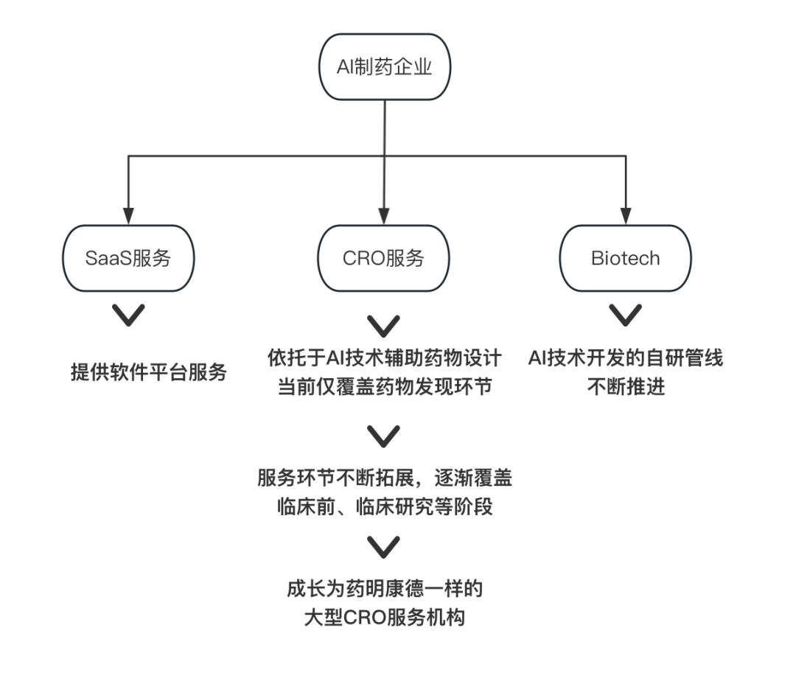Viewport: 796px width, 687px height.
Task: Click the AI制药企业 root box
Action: click(x=383, y=68)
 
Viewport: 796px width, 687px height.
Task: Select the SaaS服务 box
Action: click(x=130, y=258)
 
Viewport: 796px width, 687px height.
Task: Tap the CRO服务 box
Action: click(x=383, y=258)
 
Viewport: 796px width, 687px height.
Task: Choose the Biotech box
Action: click(x=625, y=258)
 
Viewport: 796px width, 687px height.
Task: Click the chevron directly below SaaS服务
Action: click(x=130, y=316)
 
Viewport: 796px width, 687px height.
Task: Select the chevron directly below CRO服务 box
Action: click(x=383, y=324)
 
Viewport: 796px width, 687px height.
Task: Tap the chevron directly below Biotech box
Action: click(x=625, y=316)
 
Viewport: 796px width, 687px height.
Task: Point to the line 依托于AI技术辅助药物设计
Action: click(x=383, y=359)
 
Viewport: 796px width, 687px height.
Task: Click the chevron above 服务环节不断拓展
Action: click(x=383, y=436)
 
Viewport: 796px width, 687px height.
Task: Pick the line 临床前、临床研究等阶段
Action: click(x=383, y=506)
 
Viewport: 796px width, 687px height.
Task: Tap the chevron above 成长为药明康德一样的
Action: click(x=383, y=547)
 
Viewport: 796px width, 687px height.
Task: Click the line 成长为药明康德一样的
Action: click(x=383, y=590)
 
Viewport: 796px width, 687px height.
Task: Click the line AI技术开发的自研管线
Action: click(x=625, y=359)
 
